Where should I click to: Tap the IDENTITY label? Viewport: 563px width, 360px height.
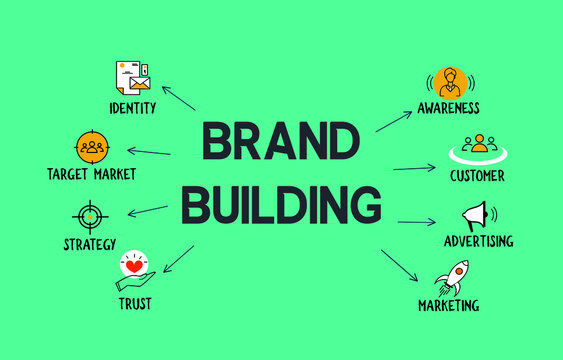click(132, 107)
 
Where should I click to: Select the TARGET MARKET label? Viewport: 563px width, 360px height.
click(91, 174)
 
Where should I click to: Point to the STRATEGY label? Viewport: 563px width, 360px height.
click(91, 244)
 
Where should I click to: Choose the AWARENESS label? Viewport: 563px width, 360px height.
click(449, 107)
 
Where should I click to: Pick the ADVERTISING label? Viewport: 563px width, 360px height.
click(479, 241)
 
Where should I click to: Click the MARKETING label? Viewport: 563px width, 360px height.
click(448, 305)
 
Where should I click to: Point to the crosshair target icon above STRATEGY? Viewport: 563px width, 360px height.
click(89, 214)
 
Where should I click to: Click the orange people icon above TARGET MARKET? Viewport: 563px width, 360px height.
click(91, 146)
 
